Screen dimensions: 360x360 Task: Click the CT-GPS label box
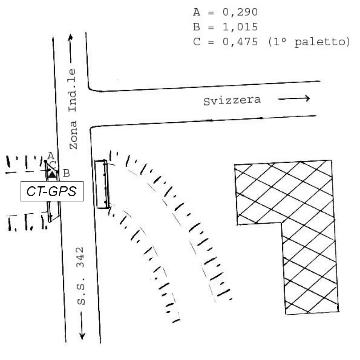tap(52, 191)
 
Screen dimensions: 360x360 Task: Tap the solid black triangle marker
tap(52, 175)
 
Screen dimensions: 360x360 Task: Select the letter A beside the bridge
tap(51, 156)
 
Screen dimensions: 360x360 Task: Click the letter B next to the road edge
tap(66, 173)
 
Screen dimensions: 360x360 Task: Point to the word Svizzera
tap(232, 101)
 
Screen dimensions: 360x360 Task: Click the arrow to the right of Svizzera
tap(294, 99)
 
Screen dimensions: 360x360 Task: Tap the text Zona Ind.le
tap(73, 109)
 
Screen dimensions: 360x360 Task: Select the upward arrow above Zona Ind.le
tap(71, 49)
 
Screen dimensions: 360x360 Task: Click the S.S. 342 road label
tap(81, 276)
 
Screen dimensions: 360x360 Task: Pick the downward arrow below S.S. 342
tap(82, 325)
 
